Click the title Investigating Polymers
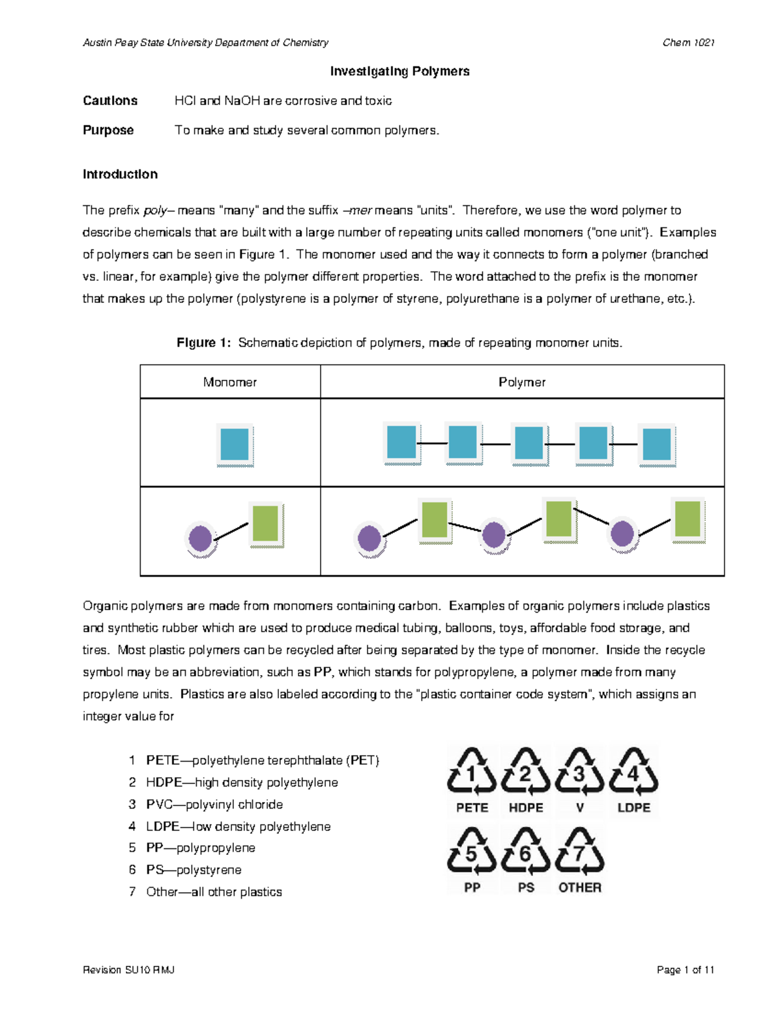399,71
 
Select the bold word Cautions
110,100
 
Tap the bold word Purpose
108,130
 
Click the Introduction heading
120,174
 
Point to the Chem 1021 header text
688,42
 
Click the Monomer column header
229,382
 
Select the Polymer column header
521,382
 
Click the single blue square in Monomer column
235,445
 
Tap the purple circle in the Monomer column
200,539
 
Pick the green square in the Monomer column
265,524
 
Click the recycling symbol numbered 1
472,772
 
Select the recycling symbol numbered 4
633,772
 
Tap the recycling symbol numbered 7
579,852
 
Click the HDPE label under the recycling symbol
526,807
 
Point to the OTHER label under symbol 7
579,888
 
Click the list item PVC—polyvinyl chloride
214,804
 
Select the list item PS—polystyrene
194,870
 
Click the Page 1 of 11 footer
686,970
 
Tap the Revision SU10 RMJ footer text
128,970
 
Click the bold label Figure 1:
203,343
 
